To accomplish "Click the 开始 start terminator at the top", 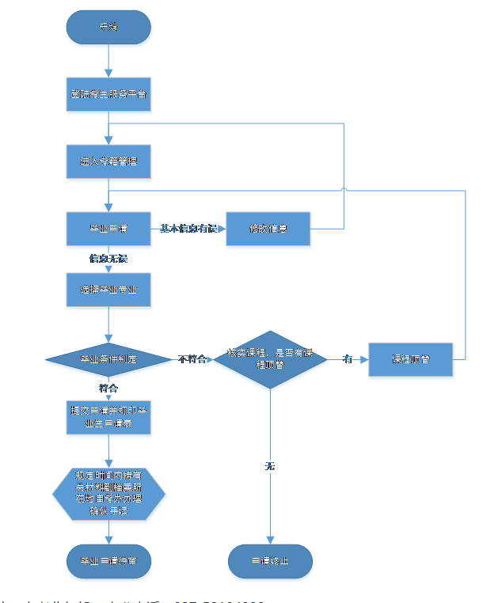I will (108, 27).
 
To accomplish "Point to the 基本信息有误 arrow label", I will (188, 228).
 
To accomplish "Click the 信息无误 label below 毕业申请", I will (108, 259).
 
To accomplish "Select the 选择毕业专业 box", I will (108, 290).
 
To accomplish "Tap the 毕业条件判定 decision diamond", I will (108, 359).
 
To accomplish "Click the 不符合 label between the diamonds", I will (192, 359).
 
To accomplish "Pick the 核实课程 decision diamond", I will (271, 359).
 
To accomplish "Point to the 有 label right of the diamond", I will (347, 359).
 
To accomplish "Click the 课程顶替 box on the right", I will (410, 359).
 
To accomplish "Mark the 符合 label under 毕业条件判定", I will (108, 389).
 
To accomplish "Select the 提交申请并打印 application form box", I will (108, 418).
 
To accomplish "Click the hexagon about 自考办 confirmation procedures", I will (108, 493).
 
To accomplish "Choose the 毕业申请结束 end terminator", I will (108, 560).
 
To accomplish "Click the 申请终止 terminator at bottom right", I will (270, 560).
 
